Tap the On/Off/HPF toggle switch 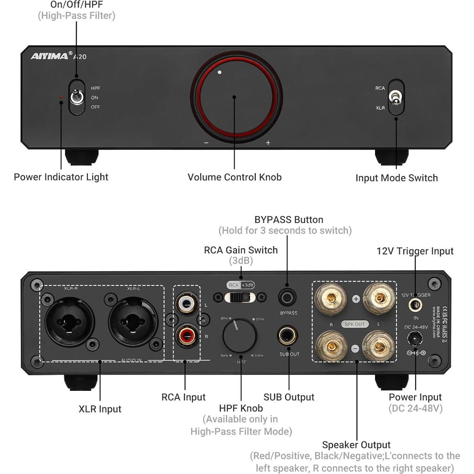point(76,97)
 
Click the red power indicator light point(61,97)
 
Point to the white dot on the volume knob point(220,72)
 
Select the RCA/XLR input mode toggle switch point(396,97)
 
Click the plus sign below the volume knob point(268,143)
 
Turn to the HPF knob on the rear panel point(240,336)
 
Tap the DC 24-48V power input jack point(415,338)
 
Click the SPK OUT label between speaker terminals point(354,324)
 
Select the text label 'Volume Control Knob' point(234,177)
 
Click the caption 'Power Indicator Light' point(61,177)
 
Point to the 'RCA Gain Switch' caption point(241,250)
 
